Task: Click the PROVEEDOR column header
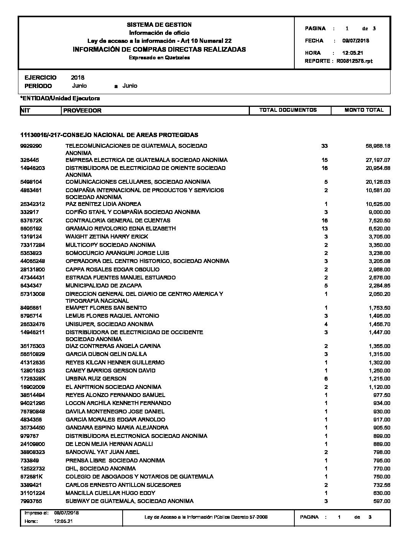(x=82, y=111)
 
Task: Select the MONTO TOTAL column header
(x=364, y=110)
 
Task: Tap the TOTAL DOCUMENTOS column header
(x=288, y=110)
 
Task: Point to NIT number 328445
(x=30, y=160)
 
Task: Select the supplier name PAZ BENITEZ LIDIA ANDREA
(x=103, y=204)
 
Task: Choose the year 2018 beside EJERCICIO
(x=77, y=78)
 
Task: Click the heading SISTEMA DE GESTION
(x=159, y=24)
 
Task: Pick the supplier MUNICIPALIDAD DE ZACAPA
(x=103, y=286)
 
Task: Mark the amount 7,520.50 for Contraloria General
(x=379, y=220)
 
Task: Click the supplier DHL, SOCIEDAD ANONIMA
(x=100, y=469)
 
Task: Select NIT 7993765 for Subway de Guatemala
(x=31, y=501)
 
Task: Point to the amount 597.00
(x=382, y=501)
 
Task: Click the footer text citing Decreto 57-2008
(x=206, y=517)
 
